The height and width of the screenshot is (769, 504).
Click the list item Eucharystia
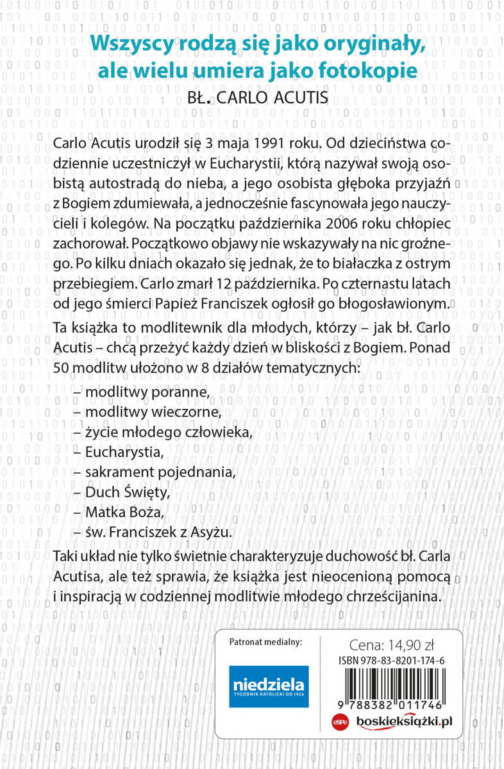tap(124, 452)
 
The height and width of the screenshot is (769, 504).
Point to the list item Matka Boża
tap(124, 513)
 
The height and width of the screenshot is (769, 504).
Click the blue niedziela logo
tap(269, 686)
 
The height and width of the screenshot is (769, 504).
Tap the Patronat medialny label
tap(265, 641)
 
